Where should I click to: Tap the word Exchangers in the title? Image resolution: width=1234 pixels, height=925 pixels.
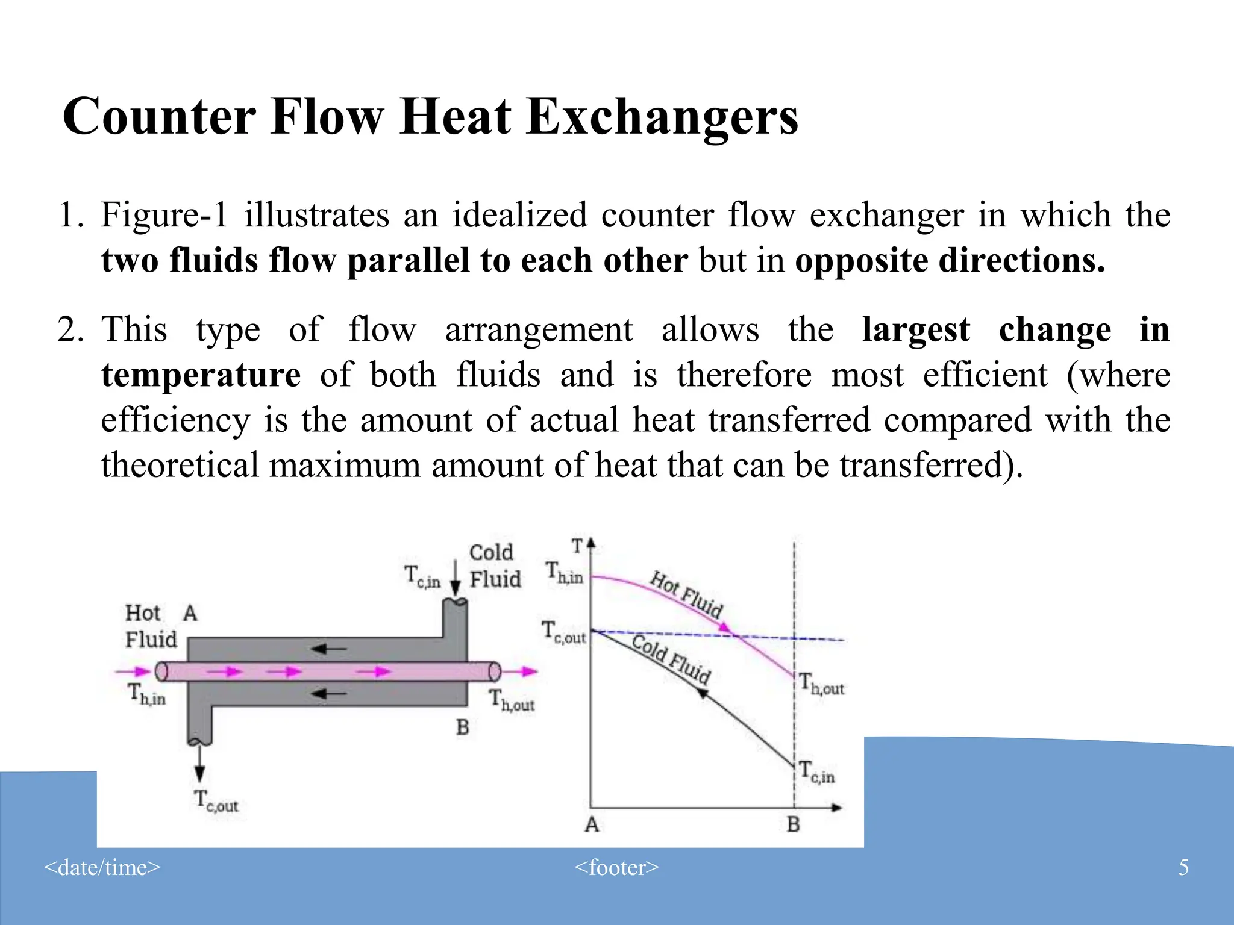coord(662,116)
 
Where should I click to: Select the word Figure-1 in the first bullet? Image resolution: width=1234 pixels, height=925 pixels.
coord(164,215)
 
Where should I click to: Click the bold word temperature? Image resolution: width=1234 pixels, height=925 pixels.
coord(201,375)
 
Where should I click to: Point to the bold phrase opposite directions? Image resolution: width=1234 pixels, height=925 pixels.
coord(950,260)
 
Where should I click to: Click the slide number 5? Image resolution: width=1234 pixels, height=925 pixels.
coord(1183,867)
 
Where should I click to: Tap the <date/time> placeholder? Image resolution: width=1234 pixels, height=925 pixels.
coord(102,867)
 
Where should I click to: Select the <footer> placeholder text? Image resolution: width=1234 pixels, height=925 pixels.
coord(616,867)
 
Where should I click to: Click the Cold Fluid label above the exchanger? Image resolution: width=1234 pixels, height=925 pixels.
coord(494,565)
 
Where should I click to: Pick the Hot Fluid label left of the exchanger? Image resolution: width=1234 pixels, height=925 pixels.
coord(151,626)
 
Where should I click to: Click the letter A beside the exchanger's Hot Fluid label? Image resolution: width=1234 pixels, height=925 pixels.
coord(190,613)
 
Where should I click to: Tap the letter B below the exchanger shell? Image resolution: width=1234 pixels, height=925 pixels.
coord(462,727)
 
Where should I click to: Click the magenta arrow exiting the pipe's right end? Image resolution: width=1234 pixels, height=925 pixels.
coord(522,671)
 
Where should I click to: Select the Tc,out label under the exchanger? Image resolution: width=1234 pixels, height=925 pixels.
coord(216,802)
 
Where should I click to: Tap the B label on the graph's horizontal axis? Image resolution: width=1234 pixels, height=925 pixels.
coord(794,824)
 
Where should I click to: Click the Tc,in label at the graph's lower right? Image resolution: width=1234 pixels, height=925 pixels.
coord(816,772)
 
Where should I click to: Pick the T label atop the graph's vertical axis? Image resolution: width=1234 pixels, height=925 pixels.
coord(577,546)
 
